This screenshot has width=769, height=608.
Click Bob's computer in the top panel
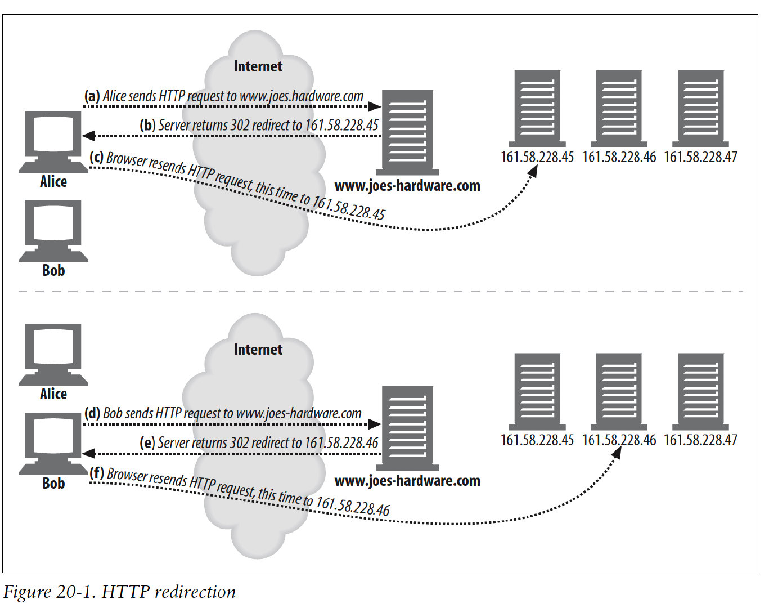[53, 230]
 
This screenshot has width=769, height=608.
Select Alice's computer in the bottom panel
[53, 354]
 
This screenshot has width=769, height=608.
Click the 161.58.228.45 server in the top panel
[537, 108]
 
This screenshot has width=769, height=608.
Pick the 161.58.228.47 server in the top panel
[700, 108]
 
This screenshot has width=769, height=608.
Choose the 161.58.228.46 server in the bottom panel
[619, 391]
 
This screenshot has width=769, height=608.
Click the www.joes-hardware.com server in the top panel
[407, 132]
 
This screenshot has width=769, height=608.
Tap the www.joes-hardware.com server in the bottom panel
[407, 428]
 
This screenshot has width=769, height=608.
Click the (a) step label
[92, 96]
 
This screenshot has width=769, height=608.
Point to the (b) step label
[147, 125]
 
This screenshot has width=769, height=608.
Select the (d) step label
[92, 413]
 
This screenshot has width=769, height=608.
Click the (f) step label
[97, 472]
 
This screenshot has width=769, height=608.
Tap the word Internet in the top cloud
[258, 66]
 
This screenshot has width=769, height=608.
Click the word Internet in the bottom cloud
[258, 350]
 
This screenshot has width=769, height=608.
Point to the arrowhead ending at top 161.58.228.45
[533, 170]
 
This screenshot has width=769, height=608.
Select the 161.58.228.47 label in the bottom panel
[700, 440]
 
